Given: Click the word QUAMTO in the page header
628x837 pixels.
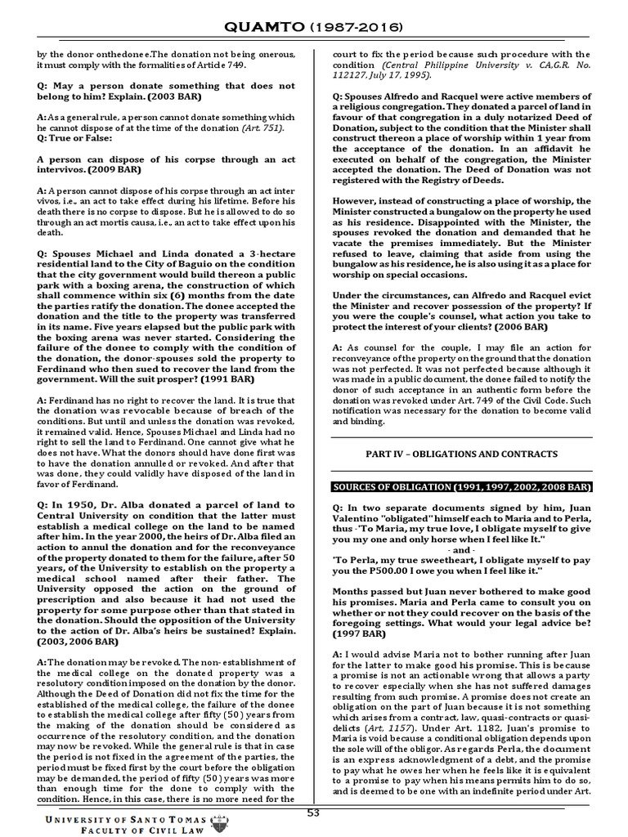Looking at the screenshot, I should [x=272, y=27].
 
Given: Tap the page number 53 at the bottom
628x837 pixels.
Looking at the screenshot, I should [x=314, y=812].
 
